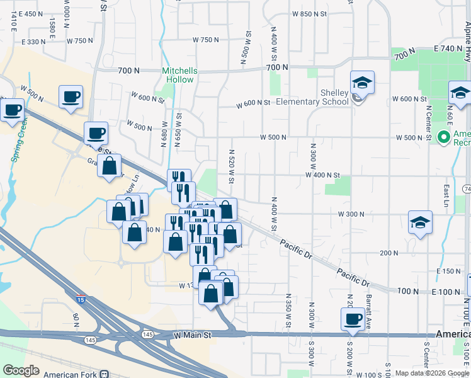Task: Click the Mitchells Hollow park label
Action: [179, 75]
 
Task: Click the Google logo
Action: [21, 370]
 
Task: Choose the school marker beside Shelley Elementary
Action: [362, 83]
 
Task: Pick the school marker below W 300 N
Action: [420, 222]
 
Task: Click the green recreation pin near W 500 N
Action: [444, 137]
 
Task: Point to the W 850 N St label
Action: [311, 14]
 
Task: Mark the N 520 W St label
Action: [232, 167]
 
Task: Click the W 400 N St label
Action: [322, 175]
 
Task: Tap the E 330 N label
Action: [34, 42]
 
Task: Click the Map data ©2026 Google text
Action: [432, 373]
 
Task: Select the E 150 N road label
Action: [448, 271]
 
